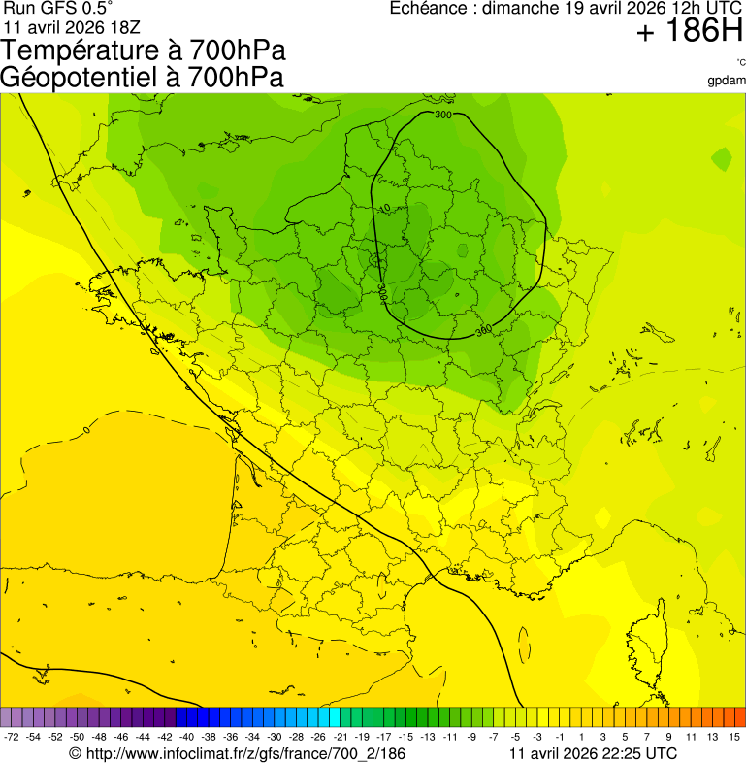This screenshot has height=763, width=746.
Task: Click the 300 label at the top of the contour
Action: click(x=443, y=115)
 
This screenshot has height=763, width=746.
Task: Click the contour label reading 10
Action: click(x=385, y=208)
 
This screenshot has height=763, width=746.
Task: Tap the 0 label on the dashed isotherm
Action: click(x=86, y=427)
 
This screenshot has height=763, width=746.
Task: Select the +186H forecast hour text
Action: click(x=690, y=33)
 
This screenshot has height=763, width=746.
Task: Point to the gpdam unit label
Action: click(x=727, y=81)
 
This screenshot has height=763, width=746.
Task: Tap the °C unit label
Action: click(x=740, y=62)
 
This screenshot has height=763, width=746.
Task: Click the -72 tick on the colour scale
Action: click(x=12, y=738)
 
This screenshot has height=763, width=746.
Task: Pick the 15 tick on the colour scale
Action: click(x=735, y=738)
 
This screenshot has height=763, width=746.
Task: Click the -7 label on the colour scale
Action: click(x=494, y=738)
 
